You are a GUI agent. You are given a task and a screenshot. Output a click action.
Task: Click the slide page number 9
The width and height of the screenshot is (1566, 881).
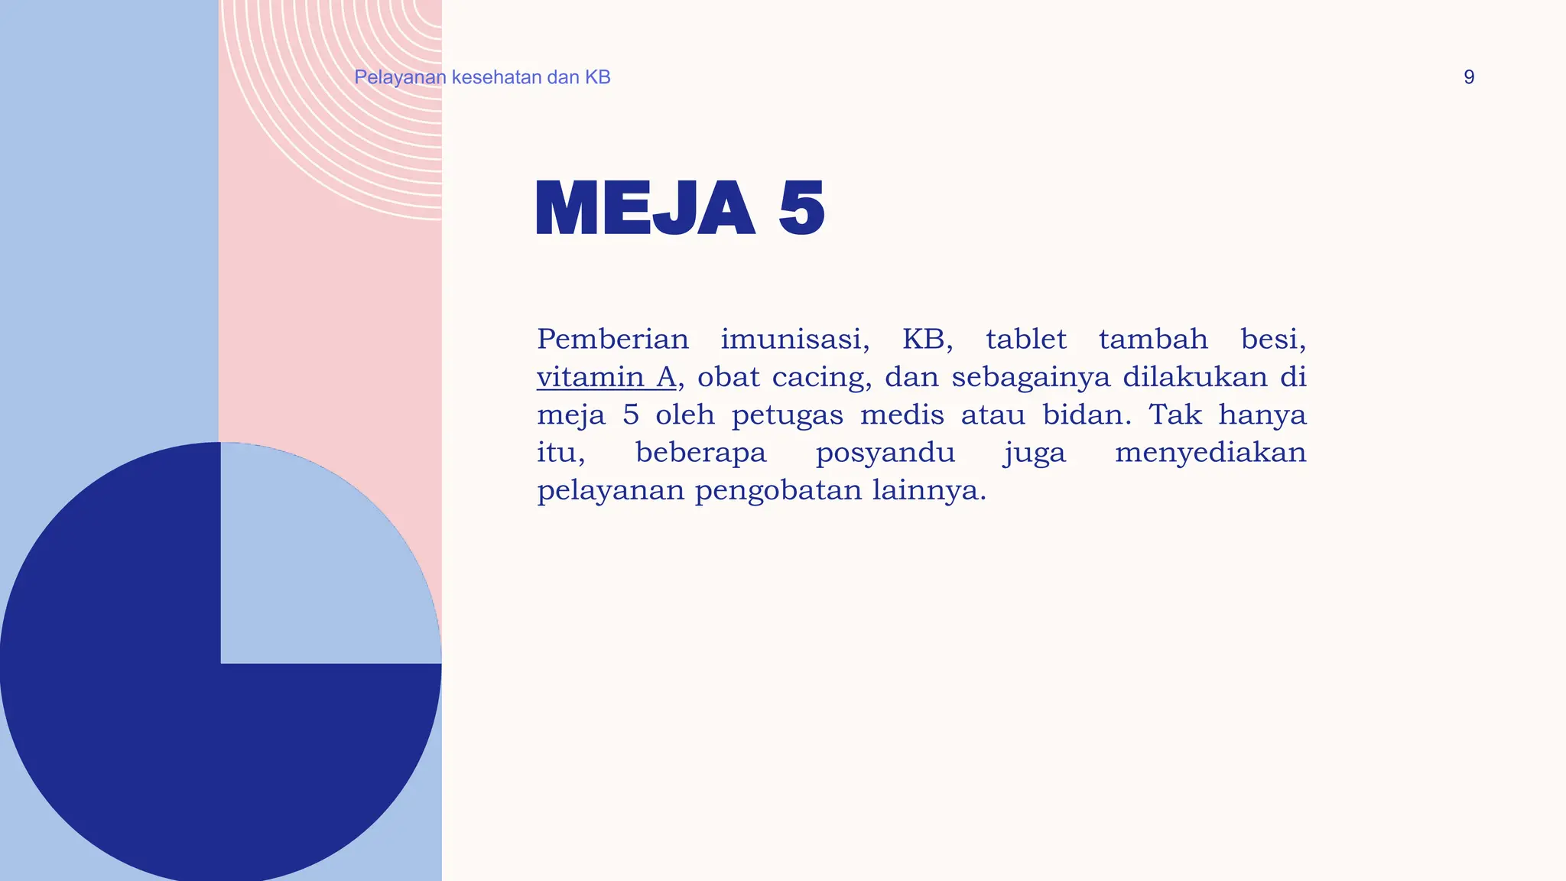[x=1468, y=77]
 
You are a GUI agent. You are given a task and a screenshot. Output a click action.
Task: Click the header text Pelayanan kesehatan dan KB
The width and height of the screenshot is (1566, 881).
[x=482, y=77]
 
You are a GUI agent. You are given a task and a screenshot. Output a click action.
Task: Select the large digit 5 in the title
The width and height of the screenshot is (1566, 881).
[x=801, y=208]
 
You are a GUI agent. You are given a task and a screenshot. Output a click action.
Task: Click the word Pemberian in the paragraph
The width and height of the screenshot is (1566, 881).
[x=612, y=339]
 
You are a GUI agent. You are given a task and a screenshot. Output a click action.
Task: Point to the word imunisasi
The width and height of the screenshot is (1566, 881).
[x=794, y=339]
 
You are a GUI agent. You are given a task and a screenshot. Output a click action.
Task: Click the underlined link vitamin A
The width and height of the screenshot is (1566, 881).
[x=606, y=377]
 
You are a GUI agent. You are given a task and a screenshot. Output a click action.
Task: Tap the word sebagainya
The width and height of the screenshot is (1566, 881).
[x=1030, y=377]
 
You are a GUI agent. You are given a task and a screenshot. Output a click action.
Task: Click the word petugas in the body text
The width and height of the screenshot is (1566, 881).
[x=787, y=415]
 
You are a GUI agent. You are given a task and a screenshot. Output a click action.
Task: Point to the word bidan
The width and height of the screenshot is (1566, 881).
[x=1087, y=414]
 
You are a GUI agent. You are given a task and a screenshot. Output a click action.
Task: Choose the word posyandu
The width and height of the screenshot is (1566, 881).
[x=885, y=453]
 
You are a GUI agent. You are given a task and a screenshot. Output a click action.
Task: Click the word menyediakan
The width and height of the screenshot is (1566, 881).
[x=1210, y=453]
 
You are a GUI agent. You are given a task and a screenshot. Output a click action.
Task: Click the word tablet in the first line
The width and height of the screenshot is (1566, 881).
[x=1025, y=339]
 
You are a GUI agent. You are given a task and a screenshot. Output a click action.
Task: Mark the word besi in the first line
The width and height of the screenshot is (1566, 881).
[x=1272, y=339]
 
